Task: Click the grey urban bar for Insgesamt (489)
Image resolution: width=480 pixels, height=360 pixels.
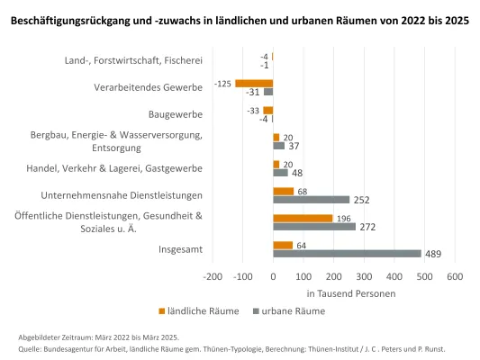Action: point(347,254)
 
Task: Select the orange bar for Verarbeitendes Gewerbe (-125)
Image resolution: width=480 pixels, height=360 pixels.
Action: point(254,83)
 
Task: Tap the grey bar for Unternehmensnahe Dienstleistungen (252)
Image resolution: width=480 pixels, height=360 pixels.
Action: point(311,200)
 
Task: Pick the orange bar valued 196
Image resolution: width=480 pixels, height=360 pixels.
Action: point(302,218)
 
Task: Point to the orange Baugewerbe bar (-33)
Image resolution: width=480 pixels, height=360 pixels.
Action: point(267,110)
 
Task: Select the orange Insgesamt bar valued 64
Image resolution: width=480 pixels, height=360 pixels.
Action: point(283,245)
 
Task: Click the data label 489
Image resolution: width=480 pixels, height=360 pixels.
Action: point(434,254)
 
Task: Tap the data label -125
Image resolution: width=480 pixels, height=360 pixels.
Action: point(223,83)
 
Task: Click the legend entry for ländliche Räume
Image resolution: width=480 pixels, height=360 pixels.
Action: point(199,310)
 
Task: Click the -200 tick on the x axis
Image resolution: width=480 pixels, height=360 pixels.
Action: point(213,276)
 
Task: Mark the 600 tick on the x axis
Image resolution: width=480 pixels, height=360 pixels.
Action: point(454,276)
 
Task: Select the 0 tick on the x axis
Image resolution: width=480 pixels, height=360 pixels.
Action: point(273,276)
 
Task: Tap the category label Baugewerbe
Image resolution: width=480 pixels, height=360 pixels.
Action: point(176,114)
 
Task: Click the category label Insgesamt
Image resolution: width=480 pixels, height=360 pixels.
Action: point(180,249)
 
